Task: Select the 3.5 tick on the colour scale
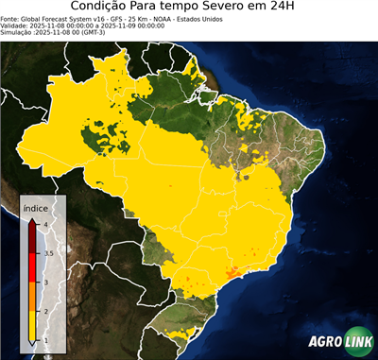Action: tap(47, 253)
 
